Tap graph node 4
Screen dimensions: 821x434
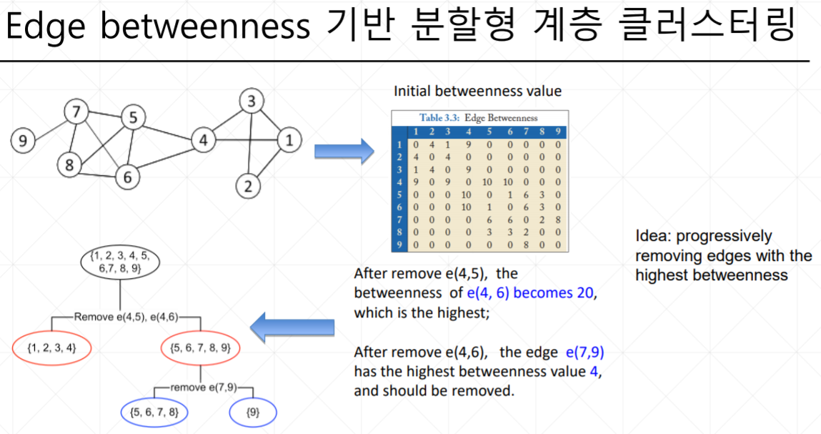204,141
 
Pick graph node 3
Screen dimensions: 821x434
251,101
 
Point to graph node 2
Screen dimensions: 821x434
248,187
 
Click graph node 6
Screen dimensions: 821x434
127,177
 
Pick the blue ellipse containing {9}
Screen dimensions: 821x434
252,413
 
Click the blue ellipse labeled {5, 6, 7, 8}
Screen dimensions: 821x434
154,413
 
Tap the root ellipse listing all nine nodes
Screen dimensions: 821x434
119,263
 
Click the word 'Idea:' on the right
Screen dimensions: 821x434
652,236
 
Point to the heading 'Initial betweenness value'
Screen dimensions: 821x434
477,91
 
